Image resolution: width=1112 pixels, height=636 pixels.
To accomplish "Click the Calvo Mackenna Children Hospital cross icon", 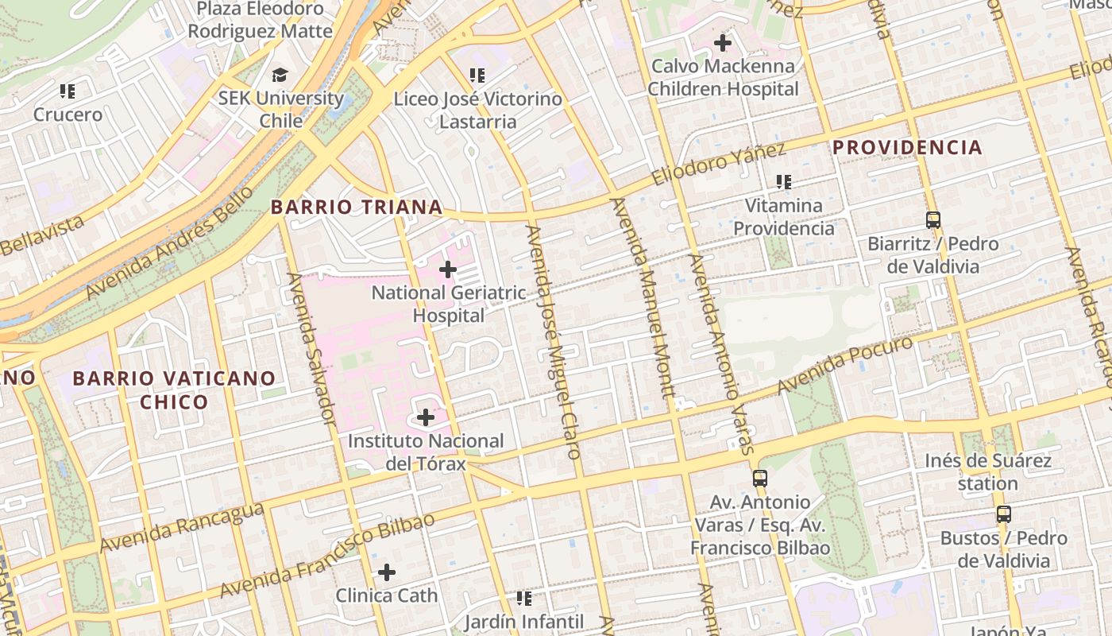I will (x=722, y=43).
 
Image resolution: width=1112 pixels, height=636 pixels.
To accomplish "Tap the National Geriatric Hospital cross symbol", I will (x=448, y=270).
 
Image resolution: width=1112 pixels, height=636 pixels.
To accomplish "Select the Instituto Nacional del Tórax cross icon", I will (x=426, y=417).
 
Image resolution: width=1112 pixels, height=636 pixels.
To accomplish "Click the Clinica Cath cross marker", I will (x=387, y=572).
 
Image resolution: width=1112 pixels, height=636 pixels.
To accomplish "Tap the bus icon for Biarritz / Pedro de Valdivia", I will (x=933, y=219).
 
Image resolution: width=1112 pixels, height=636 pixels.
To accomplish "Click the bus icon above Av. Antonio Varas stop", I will (x=760, y=478).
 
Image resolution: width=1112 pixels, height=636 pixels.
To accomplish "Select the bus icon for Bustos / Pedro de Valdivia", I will (x=1004, y=514).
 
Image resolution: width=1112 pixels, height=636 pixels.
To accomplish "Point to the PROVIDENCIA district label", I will (x=907, y=148).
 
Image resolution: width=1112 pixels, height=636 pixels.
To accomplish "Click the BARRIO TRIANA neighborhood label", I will (x=357, y=207).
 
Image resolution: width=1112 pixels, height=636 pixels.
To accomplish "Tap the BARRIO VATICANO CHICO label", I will (x=174, y=390).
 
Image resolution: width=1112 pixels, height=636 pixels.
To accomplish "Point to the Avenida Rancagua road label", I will (x=182, y=527).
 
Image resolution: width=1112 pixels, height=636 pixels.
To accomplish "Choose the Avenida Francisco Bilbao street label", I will (x=327, y=556).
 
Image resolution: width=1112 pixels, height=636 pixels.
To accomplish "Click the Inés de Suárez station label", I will (x=987, y=471).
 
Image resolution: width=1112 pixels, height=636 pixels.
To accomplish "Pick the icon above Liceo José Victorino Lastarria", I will (x=477, y=76).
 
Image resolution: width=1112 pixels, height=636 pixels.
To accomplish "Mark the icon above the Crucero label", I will (x=68, y=91).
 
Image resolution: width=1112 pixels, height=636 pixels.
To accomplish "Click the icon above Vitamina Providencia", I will (x=784, y=182).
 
